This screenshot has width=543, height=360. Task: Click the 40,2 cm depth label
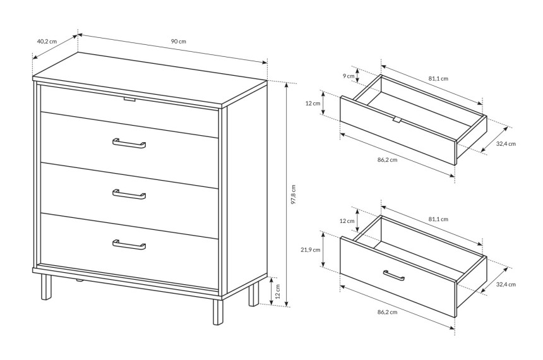(x=47, y=41)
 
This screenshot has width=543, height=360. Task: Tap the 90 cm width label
(x=178, y=41)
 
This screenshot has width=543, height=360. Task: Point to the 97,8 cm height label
(x=294, y=194)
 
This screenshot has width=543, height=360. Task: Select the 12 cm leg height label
(x=277, y=291)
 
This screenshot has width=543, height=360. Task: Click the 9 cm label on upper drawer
(x=349, y=76)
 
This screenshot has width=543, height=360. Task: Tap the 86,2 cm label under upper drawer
(x=387, y=160)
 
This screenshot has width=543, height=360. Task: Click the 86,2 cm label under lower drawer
(x=387, y=312)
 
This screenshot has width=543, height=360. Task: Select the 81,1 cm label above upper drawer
(x=438, y=79)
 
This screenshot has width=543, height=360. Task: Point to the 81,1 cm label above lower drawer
(x=438, y=219)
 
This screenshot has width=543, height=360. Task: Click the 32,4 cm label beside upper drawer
(x=506, y=144)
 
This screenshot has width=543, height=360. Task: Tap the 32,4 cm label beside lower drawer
(x=506, y=284)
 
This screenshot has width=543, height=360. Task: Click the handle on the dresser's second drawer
(x=129, y=143)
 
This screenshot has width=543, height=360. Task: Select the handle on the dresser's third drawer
(x=129, y=195)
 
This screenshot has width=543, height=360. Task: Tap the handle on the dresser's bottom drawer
(x=129, y=244)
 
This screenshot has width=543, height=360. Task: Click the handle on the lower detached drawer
(x=394, y=275)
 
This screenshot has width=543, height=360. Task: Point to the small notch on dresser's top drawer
(x=129, y=100)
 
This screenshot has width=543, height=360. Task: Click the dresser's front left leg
(x=45, y=287)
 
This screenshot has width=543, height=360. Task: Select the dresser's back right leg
(x=254, y=294)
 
